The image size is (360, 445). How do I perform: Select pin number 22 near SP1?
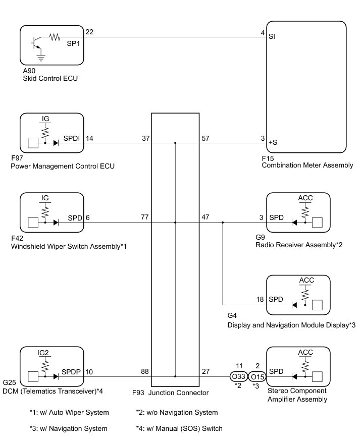coord(90,32)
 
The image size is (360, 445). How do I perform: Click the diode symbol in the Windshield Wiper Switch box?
coord(56,222)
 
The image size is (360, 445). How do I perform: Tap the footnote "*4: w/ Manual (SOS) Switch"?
coord(179,429)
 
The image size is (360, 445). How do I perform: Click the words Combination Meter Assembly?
coord(307,165)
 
